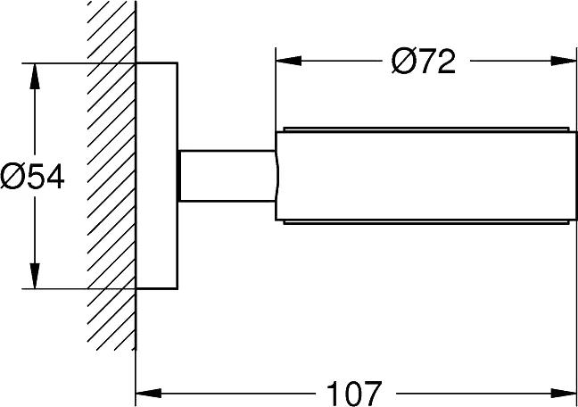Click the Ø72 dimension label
[423, 62]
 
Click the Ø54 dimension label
[32, 177]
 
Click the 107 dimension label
[354, 395]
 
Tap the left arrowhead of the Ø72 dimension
[289, 61]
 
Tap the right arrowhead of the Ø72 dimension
[563, 61]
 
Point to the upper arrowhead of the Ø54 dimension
[35, 76]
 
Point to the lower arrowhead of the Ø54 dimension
[35, 276]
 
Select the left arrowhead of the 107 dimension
[149, 394]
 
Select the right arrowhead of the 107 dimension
[563, 394]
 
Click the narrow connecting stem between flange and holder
[227, 176]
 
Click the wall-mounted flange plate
[157, 176]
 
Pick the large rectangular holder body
[425, 176]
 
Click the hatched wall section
[111, 175]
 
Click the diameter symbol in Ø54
[12, 177]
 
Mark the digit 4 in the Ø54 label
[54, 177]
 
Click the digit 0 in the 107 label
[354, 395]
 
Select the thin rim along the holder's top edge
[425, 129]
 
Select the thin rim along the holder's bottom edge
[425, 222]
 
